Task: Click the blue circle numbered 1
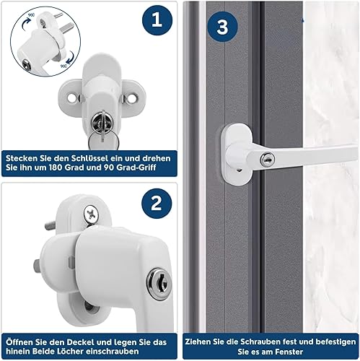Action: (157, 20)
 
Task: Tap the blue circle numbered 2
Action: (157, 204)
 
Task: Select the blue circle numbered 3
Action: (222, 27)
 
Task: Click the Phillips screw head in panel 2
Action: (91, 214)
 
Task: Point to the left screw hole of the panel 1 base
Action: (71, 98)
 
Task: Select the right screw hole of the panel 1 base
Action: (132, 98)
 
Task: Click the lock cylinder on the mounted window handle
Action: (268, 160)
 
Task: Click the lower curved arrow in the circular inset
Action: (70, 57)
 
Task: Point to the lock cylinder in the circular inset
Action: (26, 65)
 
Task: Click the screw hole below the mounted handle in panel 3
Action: (239, 170)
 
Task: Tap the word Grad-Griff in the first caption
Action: (136, 168)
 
